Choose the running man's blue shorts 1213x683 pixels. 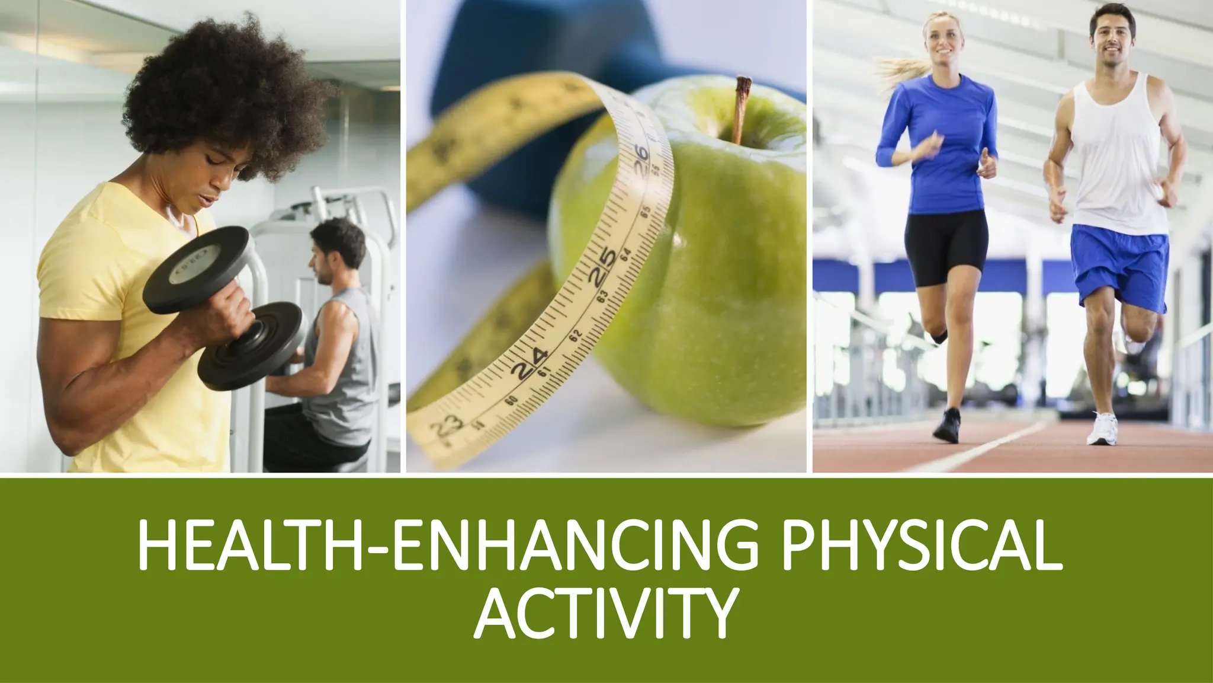1119,267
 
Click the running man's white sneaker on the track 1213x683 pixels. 1102,430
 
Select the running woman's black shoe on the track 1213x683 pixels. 948,425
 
